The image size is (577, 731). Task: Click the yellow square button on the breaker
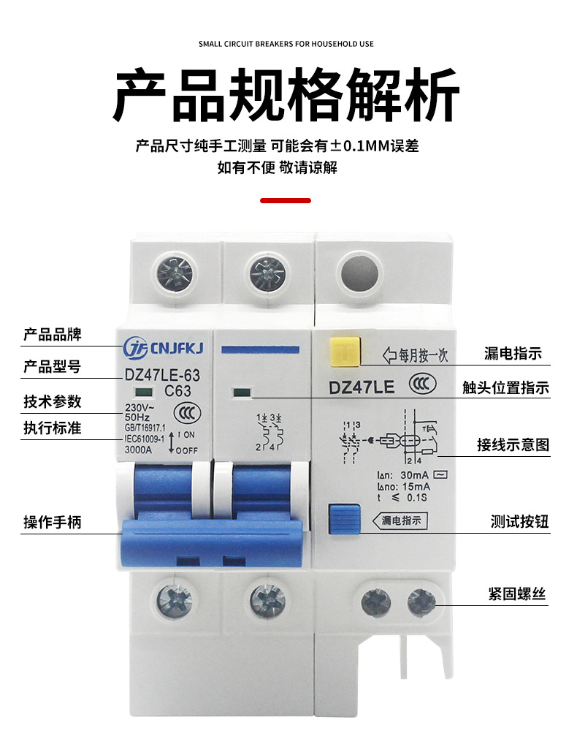344,349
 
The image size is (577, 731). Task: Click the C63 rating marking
177,390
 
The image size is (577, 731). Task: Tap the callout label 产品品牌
53,335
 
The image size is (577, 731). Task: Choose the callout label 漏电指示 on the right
513,354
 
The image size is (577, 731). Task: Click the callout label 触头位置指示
505,388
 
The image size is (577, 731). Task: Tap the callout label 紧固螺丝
517,594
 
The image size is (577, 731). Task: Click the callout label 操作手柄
53,522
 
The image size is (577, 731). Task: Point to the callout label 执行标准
53,428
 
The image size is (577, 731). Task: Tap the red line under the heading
286,200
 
